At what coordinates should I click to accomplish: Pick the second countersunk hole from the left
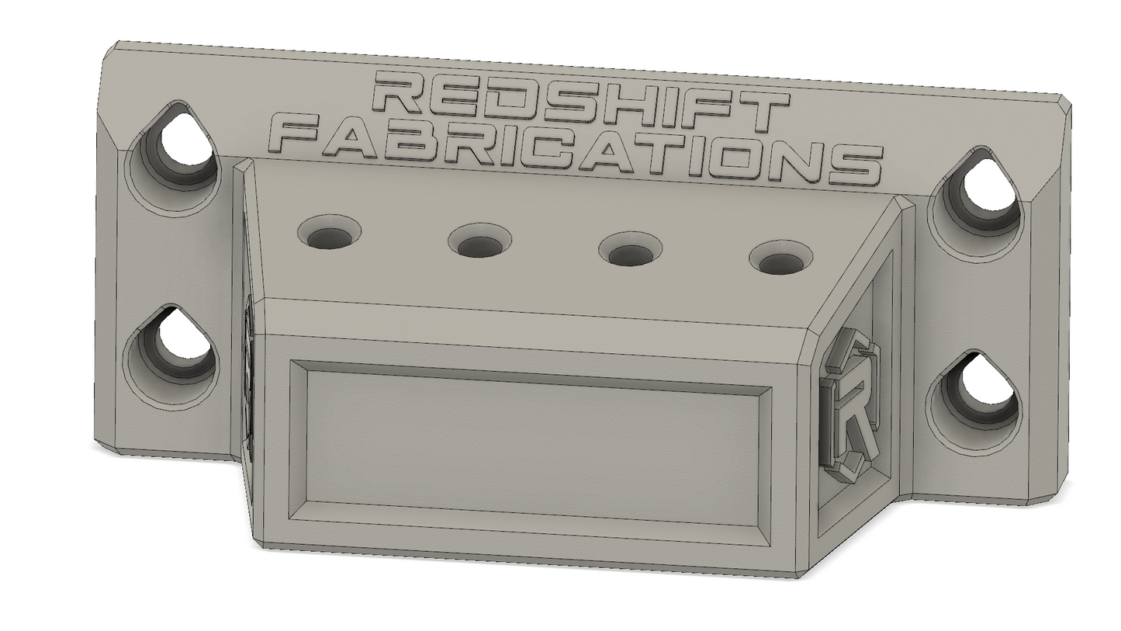(x=480, y=242)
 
